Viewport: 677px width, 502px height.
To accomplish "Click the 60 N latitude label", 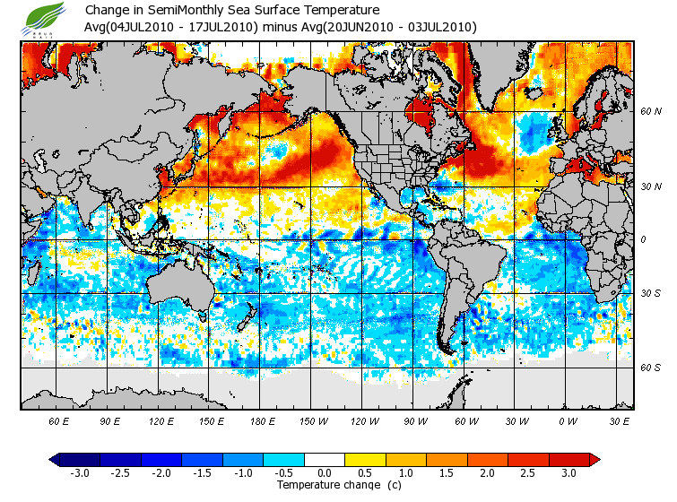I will pyautogui.click(x=650, y=112).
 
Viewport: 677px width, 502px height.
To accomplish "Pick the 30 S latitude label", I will pyautogui.click(x=650, y=294).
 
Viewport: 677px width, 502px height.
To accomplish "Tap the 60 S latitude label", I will pyautogui.click(x=650, y=367).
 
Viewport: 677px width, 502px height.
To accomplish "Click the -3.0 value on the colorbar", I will pyautogui.click(x=79, y=472).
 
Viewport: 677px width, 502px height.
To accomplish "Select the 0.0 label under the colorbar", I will pyautogui.click(x=325, y=472).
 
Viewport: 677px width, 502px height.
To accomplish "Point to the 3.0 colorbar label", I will pyautogui.click(x=569, y=472).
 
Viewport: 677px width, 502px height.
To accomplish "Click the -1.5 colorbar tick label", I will pyautogui.click(x=202, y=472).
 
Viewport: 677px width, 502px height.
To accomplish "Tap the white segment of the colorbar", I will pyautogui.click(x=325, y=459).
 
